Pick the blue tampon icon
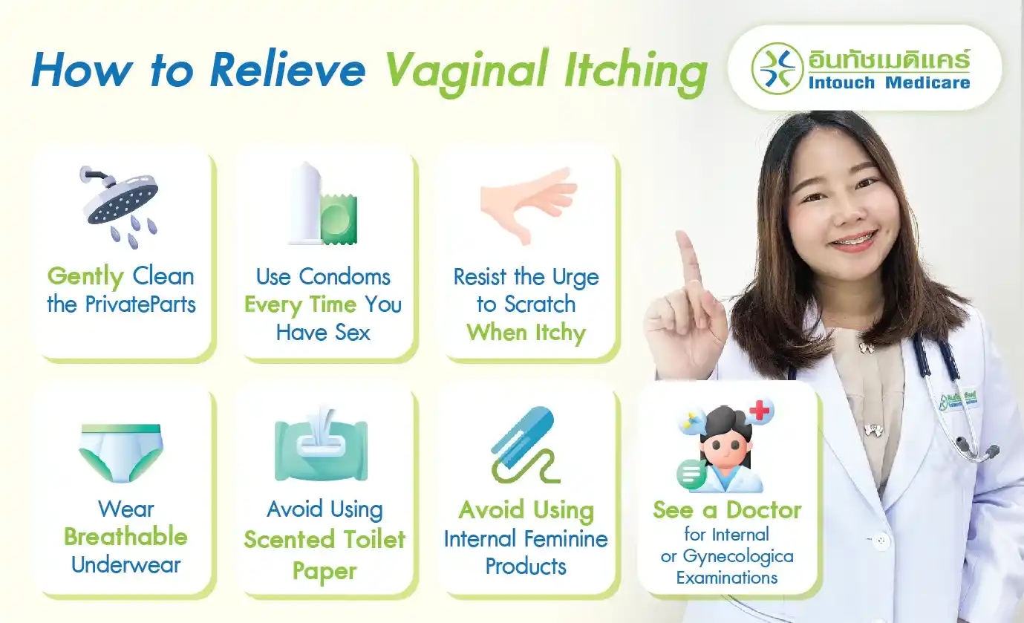pyautogui.click(x=523, y=443)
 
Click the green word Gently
pyautogui.click(x=85, y=277)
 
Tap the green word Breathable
pyautogui.click(x=125, y=536)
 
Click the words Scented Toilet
pyautogui.click(x=325, y=539)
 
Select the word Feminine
pyautogui.click(x=565, y=538)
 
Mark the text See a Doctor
pyautogui.click(x=727, y=510)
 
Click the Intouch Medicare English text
pyautogui.click(x=889, y=82)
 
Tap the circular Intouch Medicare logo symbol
pyautogui.click(x=777, y=68)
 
